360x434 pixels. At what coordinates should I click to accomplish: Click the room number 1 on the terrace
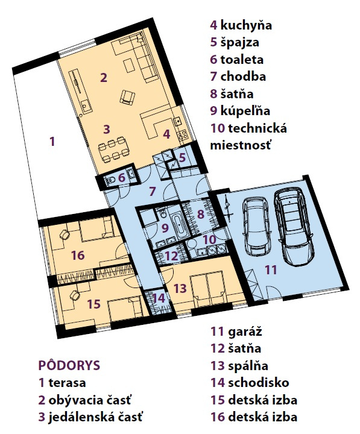point(52,142)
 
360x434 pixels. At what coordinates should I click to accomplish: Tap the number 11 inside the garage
point(270,269)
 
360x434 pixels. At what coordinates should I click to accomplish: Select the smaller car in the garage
point(256,226)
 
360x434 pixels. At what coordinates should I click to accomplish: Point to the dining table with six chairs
point(115,150)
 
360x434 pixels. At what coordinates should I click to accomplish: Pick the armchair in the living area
point(127,97)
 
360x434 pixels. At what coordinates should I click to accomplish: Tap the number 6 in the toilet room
point(122,178)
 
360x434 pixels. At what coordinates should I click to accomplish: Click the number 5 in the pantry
point(182,157)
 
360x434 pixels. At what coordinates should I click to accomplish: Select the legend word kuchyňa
point(246,25)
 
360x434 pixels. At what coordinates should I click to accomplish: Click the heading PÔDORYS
point(69,365)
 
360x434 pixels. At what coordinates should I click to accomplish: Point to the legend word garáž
point(245,331)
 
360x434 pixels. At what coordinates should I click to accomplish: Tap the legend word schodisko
point(258,383)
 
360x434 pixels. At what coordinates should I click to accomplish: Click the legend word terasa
point(67,383)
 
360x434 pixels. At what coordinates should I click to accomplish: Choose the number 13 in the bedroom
point(180,288)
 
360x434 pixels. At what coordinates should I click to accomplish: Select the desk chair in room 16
point(65,234)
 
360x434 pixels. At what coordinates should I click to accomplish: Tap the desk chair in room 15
point(75,295)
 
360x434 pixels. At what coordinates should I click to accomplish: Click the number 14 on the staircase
point(159,298)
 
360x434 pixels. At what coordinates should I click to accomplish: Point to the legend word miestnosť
point(240,145)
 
